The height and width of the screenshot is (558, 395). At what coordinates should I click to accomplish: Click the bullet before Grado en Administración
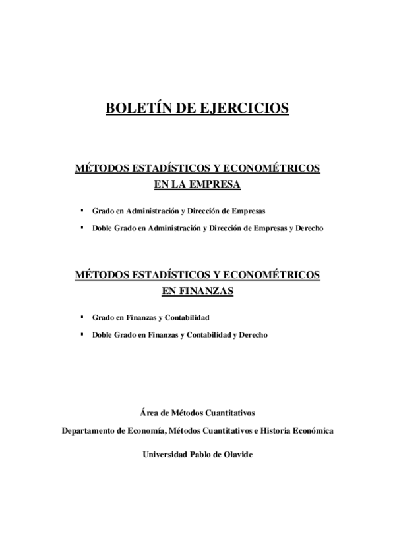[x=82, y=211]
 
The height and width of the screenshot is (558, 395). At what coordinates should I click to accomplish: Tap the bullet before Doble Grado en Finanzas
[x=82, y=334]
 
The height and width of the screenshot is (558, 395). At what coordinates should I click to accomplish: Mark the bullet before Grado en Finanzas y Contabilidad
[x=82, y=317]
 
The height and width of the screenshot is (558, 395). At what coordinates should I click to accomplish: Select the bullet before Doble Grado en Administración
[x=82, y=228]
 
